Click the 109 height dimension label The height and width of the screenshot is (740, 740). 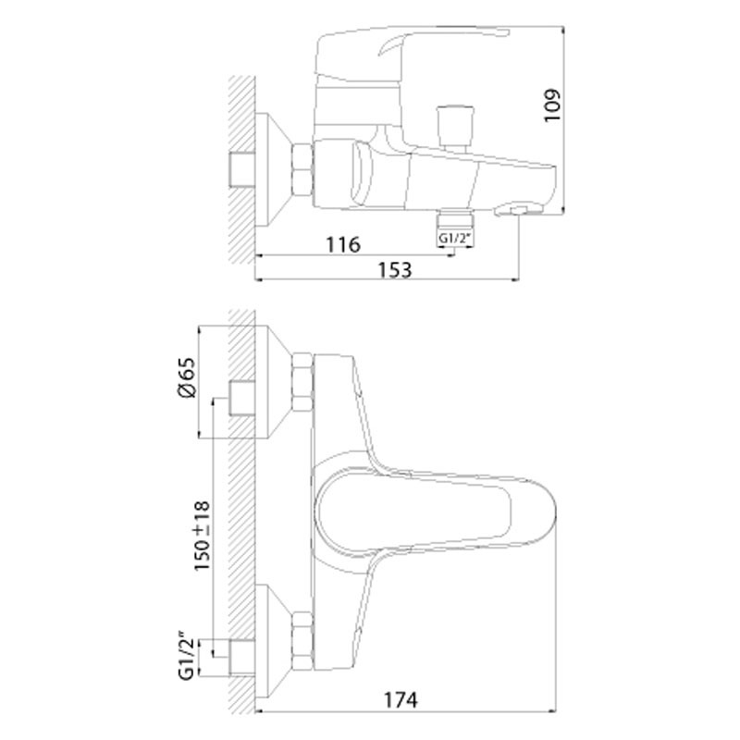552,105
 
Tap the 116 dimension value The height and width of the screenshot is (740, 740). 343,244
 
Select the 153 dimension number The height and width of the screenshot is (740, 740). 395,269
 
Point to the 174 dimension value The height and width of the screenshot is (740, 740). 400,700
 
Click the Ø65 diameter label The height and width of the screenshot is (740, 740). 186,377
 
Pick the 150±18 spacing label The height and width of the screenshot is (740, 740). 202,536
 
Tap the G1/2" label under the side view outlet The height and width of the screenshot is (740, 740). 455,239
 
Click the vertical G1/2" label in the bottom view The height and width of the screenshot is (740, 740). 187,656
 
